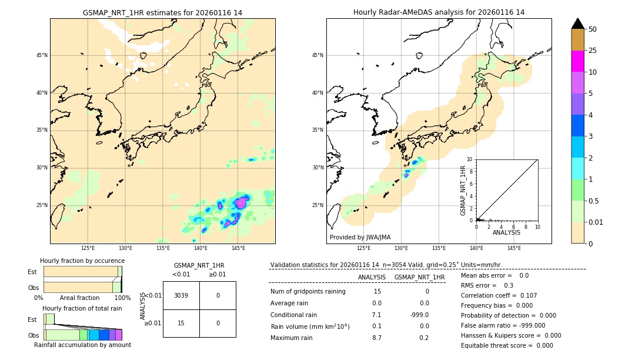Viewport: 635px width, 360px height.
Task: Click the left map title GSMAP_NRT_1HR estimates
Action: click(162, 12)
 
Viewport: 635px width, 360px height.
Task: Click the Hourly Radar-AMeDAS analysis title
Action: click(439, 12)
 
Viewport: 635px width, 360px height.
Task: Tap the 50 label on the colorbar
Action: click(593, 29)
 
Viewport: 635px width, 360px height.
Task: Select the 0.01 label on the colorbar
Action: click(596, 222)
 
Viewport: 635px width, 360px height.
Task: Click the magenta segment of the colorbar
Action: click(577, 61)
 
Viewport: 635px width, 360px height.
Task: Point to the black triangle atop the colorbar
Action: click(577, 24)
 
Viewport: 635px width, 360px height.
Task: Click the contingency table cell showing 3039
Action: click(181, 295)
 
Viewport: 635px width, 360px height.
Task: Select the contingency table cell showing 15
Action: click(181, 323)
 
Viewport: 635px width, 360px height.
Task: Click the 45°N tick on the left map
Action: click(42, 55)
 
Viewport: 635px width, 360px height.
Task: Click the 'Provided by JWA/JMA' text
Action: click(360, 237)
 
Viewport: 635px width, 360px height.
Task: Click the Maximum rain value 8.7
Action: click(377, 338)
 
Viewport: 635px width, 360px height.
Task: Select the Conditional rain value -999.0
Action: click(420, 315)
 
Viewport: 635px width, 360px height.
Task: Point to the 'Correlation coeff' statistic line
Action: click(499, 295)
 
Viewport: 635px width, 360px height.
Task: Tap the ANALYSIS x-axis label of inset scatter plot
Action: click(506, 233)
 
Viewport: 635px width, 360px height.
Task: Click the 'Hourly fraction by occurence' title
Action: click(82, 261)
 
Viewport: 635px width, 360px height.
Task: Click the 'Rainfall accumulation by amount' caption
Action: click(82, 345)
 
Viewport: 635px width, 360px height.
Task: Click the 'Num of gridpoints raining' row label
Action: click(308, 292)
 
